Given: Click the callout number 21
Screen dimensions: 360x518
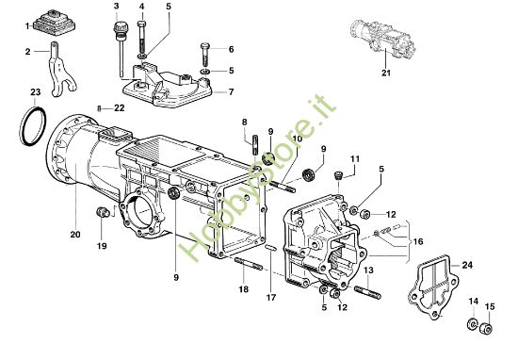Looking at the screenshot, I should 384,72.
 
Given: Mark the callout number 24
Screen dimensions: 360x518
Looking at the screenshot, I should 468,266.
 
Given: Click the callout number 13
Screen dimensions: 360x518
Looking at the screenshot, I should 370,270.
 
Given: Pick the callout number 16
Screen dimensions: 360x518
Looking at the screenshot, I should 419,241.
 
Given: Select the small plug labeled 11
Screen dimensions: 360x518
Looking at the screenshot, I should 340,175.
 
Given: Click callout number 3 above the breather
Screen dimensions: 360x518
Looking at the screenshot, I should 117,7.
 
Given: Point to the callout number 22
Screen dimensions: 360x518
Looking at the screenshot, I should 120,108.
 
